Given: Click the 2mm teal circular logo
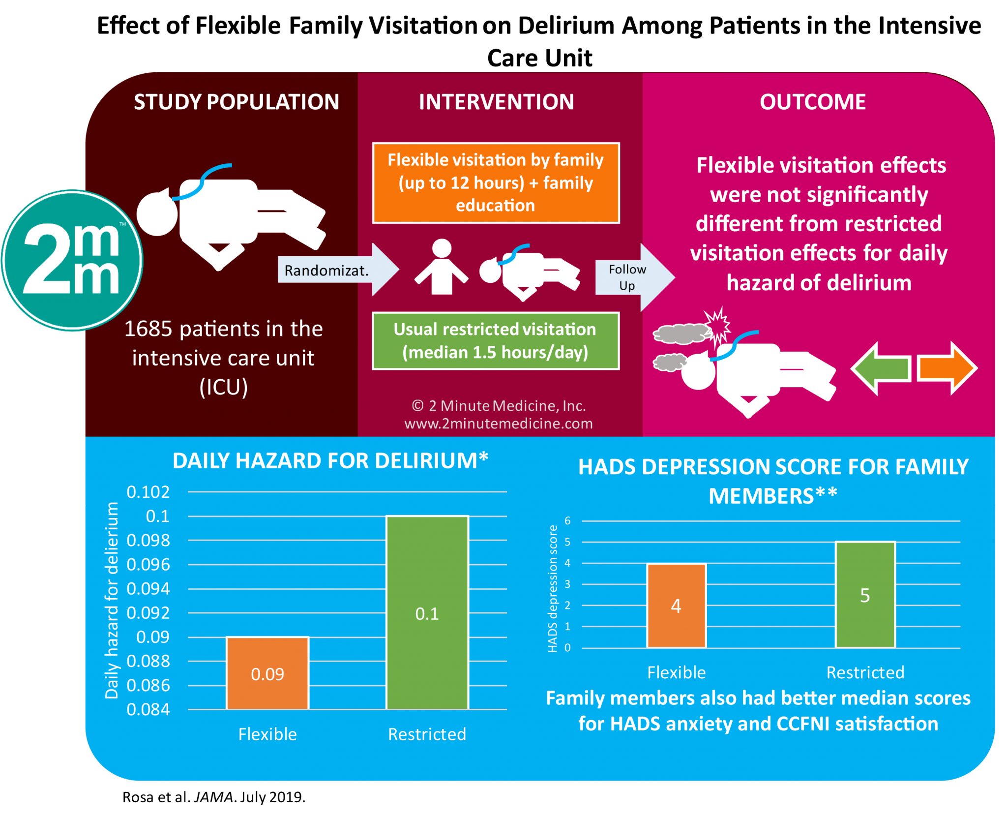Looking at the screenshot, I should pyautogui.click(x=72, y=260).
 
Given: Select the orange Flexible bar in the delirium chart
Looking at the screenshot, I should pyautogui.click(x=267, y=673).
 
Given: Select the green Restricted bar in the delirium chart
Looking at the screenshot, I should pyautogui.click(x=427, y=612).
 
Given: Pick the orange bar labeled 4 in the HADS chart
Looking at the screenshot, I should pyautogui.click(x=676, y=605).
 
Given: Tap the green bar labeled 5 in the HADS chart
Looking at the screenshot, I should pyautogui.click(x=865, y=595).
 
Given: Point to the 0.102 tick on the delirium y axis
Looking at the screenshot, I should pyautogui.click(x=148, y=492).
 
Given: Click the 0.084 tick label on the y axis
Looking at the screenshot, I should pyautogui.click(x=148, y=709).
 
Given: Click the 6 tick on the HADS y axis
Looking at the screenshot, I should pyautogui.click(x=567, y=520).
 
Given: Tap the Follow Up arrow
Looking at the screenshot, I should pyautogui.click(x=632, y=277).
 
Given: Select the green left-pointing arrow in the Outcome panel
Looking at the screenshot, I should pyautogui.click(x=880, y=368).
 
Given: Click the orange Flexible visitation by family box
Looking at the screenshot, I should pyautogui.click(x=496, y=183).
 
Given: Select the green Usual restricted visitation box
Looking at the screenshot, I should pyautogui.click(x=495, y=341).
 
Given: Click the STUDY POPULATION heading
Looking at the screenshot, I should pyautogui.click(x=237, y=102).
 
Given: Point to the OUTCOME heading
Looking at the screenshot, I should pyautogui.click(x=812, y=102).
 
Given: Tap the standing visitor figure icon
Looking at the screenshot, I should pyautogui.click(x=441, y=268).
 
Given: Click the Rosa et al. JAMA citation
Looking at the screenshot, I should pyautogui.click(x=214, y=797).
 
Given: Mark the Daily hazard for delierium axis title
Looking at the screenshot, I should pyautogui.click(x=112, y=600).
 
